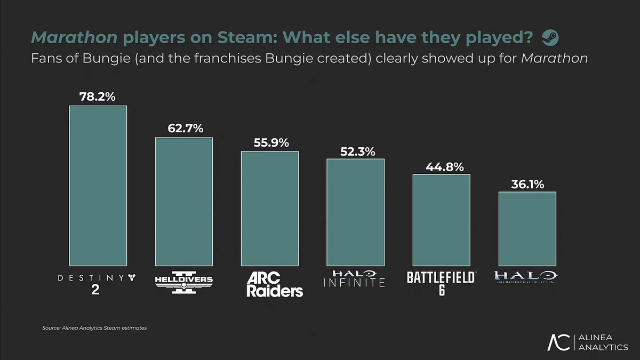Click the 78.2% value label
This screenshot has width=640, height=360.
tap(98, 97)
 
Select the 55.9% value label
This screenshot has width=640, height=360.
tap(270, 142)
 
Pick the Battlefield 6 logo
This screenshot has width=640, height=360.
tap(441, 283)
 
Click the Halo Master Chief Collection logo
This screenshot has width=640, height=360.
tap(525, 277)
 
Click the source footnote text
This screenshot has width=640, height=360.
tap(94, 328)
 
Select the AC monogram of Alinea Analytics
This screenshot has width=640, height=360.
tap(560, 342)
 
